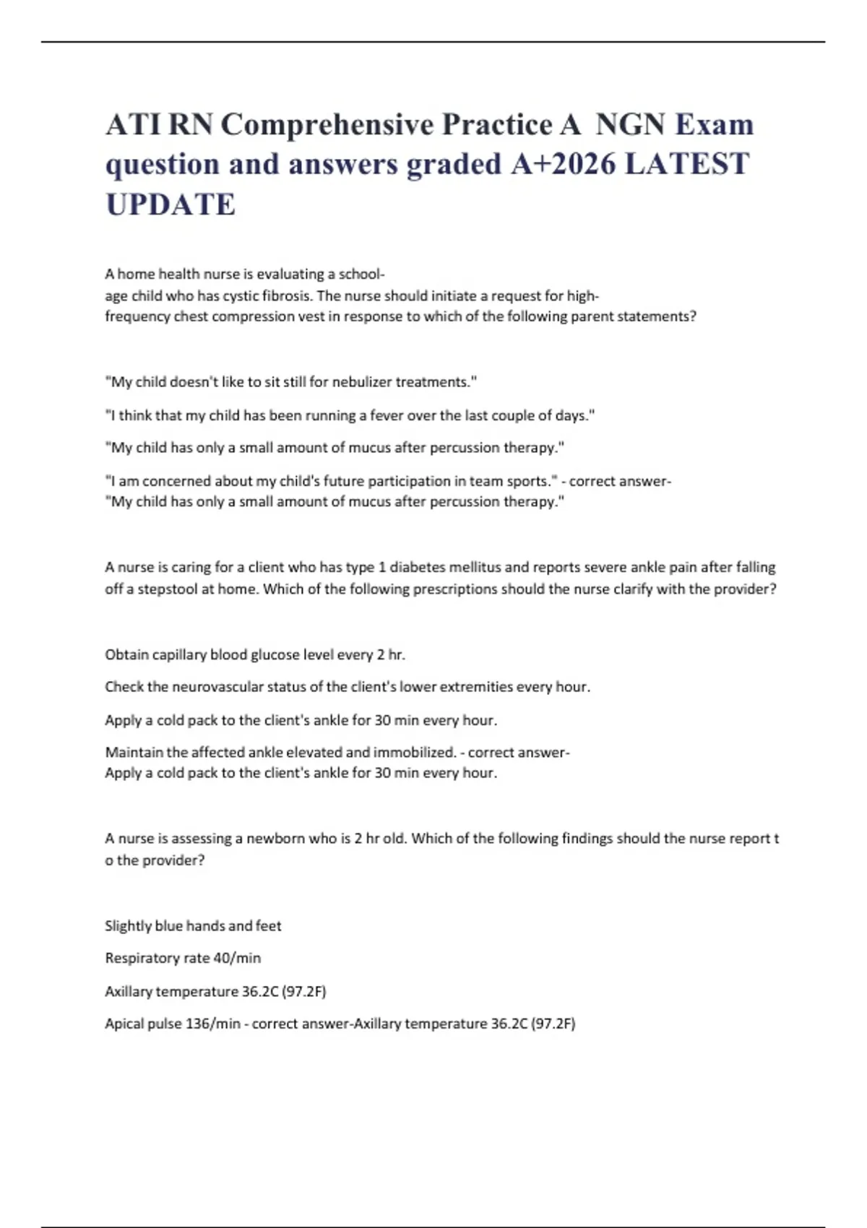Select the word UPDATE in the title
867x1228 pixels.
tap(171, 204)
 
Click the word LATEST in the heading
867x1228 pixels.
tap(687, 164)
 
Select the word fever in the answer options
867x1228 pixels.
tap(387, 415)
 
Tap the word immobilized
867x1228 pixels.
tap(414, 752)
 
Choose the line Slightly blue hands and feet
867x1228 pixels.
tap(193, 926)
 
